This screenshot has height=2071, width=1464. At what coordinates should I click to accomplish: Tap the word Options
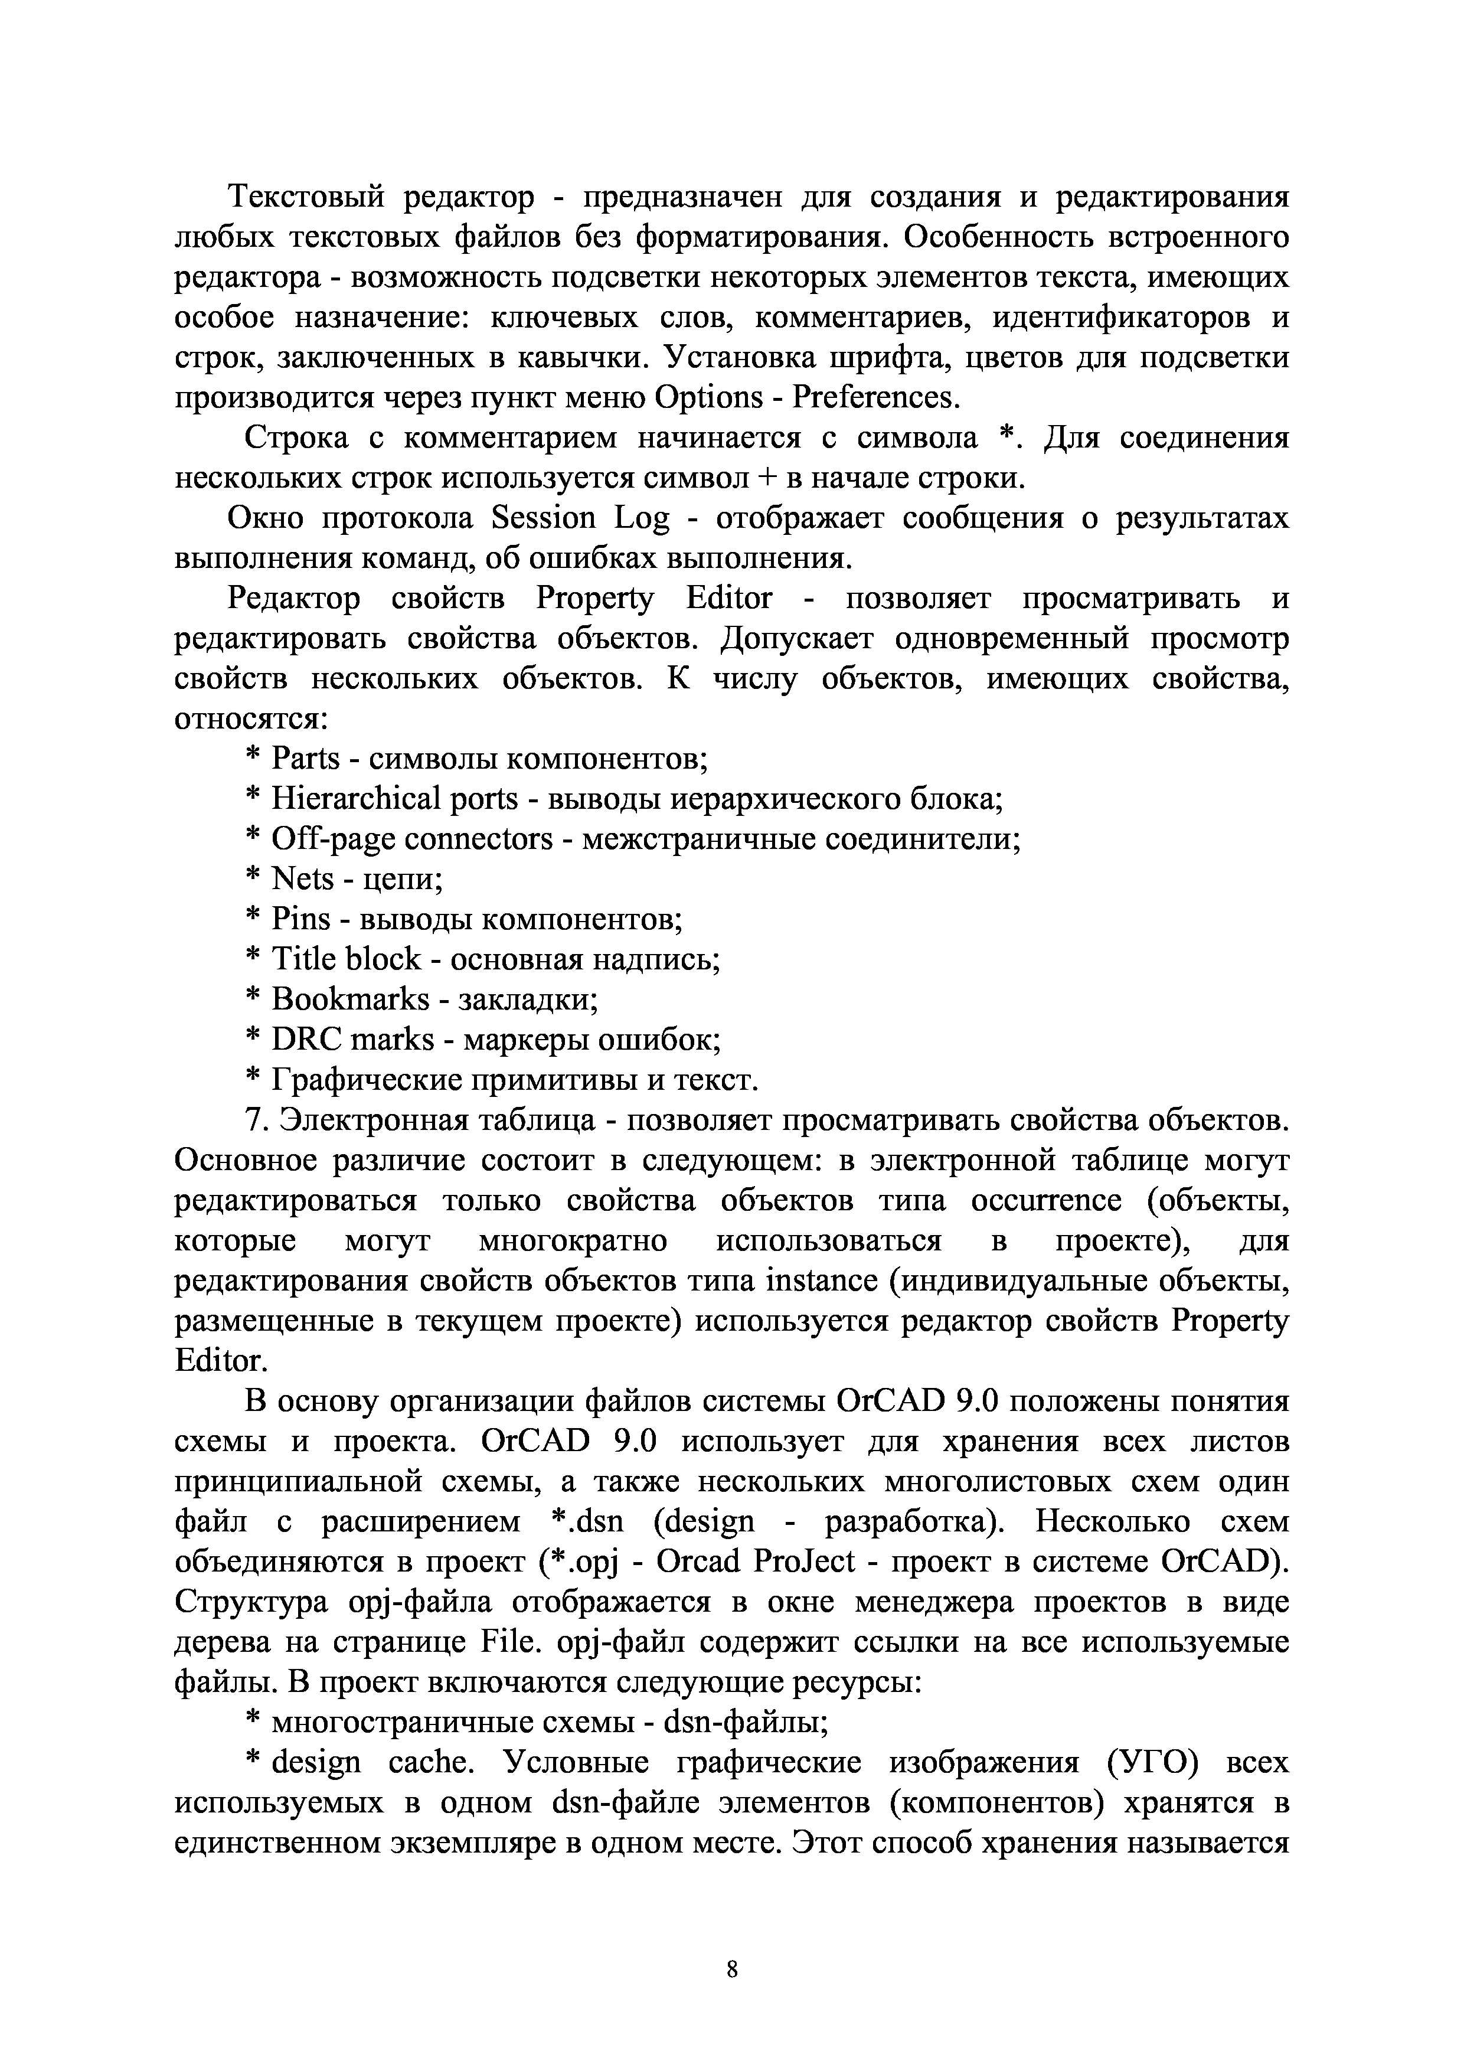pyautogui.click(x=708, y=398)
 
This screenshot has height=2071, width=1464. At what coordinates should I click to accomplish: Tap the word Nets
pyautogui.click(x=302, y=880)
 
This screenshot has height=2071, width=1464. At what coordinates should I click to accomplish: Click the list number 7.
pyautogui.click(x=255, y=1121)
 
